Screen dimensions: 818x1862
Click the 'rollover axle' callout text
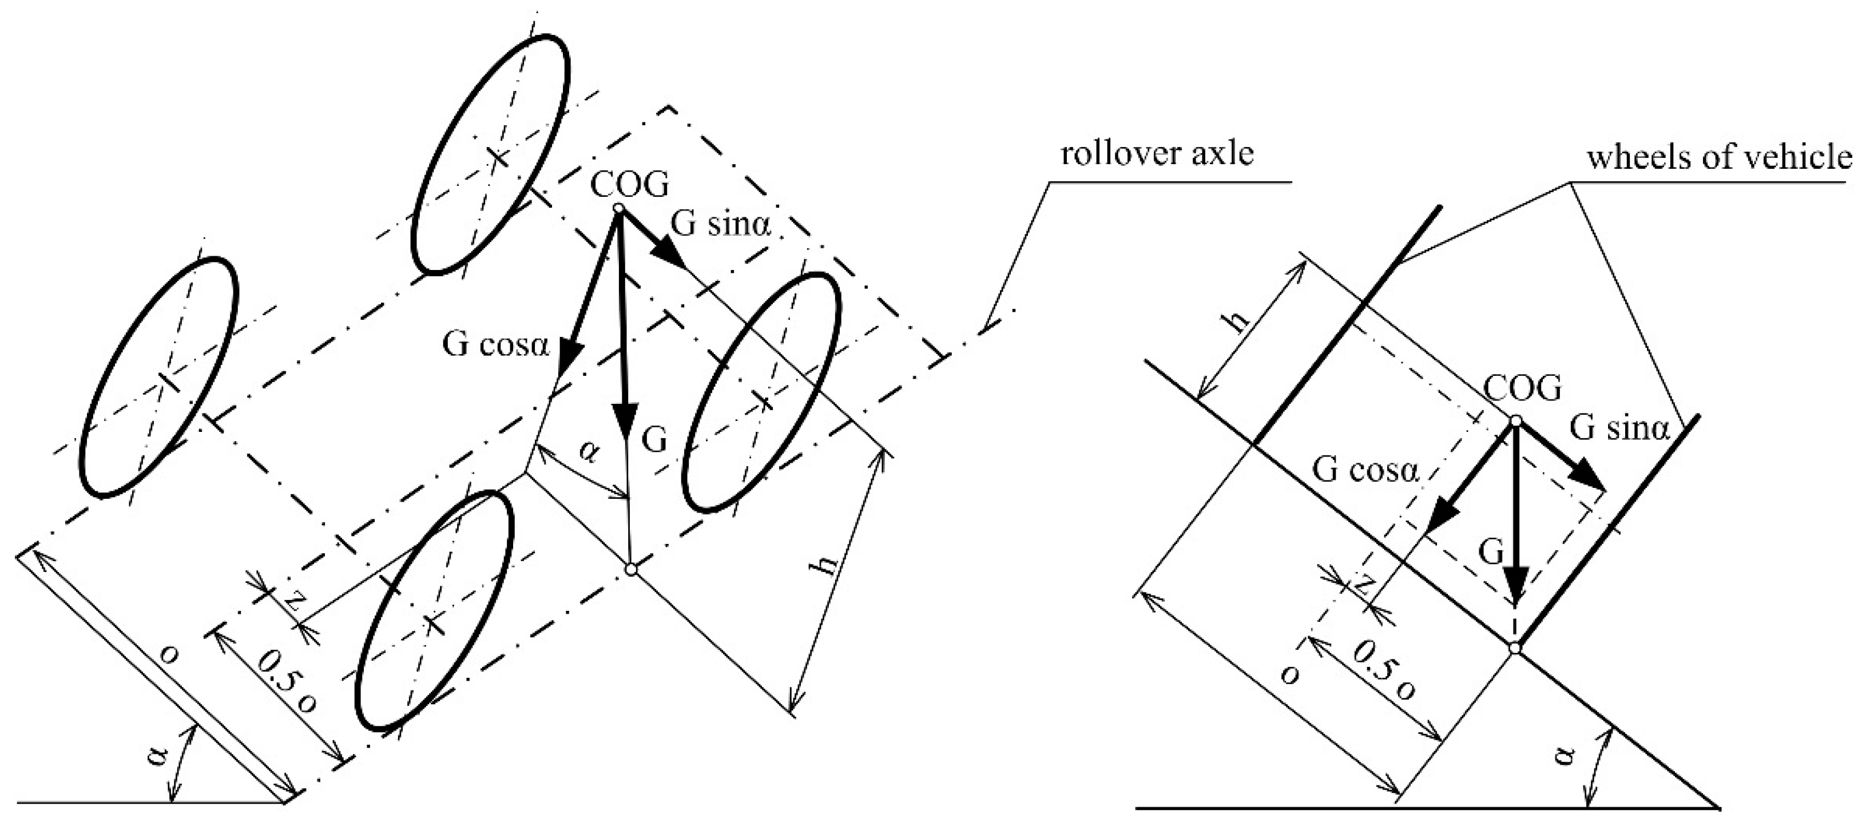[x=1157, y=154]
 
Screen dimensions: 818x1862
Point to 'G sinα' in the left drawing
[x=721, y=225]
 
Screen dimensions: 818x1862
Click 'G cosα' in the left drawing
[x=496, y=346]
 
